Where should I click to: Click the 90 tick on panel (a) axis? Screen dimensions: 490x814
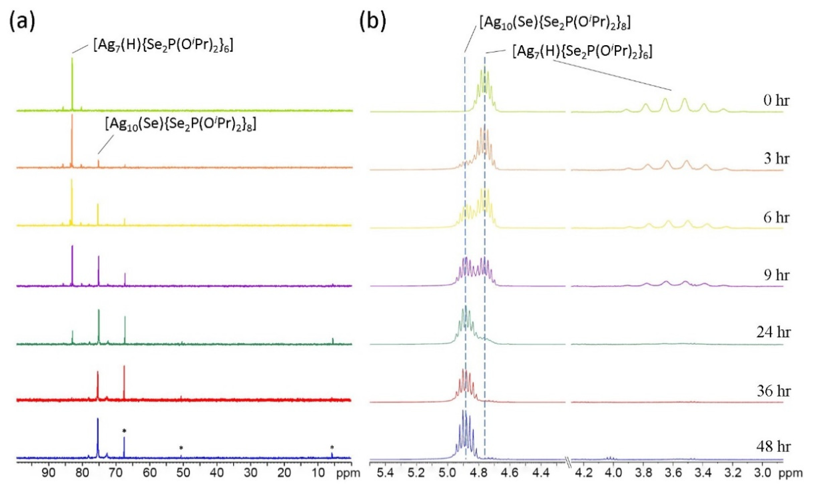click(x=49, y=473)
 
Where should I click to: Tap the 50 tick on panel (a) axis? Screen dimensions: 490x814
click(x=183, y=473)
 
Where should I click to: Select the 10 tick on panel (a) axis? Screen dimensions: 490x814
click(x=317, y=473)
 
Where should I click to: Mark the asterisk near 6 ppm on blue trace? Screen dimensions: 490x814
click(x=332, y=448)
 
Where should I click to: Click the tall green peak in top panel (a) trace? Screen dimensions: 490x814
click(x=72, y=83)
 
